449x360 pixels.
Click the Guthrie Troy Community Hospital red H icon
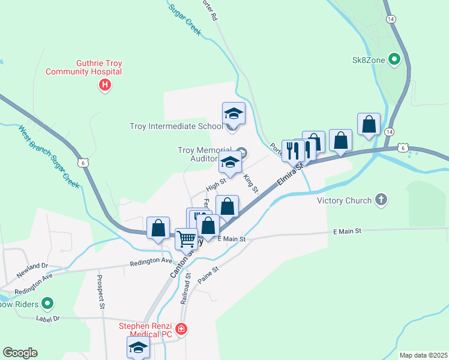coord(104,85)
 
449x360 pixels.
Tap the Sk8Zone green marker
coord(394,59)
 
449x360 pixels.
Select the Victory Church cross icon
coord(381,200)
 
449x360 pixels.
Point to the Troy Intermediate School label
coord(176,126)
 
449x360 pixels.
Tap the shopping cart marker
coord(186,239)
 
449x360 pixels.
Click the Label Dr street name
coord(48,319)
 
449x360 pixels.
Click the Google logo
coord(20,353)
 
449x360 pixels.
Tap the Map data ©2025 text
coord(423,355)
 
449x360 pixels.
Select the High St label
coord(215,180)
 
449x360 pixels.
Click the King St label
coord(251,184)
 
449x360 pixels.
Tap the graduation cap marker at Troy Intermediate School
coord(233,113)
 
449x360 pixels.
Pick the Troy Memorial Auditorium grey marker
coord(241,151)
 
